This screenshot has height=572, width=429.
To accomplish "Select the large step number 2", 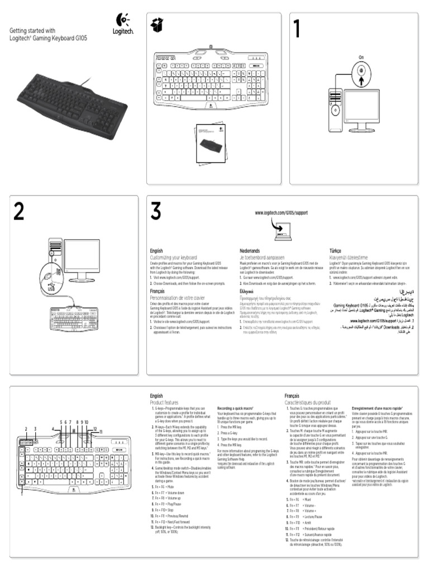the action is tap(18, 211).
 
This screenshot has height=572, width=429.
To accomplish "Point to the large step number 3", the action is tap(156, 211).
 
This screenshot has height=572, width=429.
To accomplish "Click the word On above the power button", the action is tap(361, 58).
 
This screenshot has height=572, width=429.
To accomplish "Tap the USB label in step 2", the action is tap(51, 289).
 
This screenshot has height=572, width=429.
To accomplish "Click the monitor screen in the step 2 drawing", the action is tap(81, 256).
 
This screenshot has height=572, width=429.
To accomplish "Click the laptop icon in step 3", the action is tap(283, 230).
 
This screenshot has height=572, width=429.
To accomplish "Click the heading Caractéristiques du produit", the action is tap(307, 402).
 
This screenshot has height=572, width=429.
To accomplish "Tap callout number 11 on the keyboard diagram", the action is tap(101, 432).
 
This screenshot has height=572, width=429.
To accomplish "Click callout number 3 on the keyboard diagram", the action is tap(35, 428).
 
